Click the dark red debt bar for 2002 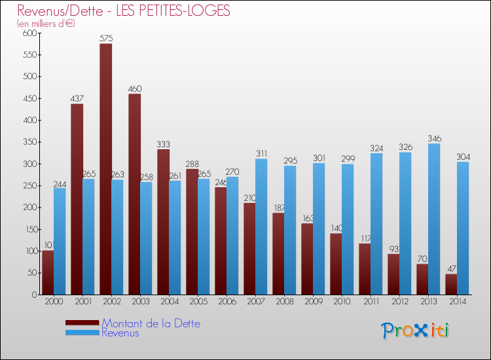(105, 169)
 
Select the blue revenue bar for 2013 (434, 219)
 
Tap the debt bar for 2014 (451, 284)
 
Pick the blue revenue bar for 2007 (261, 226)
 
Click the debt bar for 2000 (48, 272)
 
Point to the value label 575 (106, 39)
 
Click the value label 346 (434, 139)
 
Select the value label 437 (77, 99)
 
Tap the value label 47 (451, 269)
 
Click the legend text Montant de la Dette (151, 323)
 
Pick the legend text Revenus (120, 333)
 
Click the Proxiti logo (416, 331)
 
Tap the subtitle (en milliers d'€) (46, 24)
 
